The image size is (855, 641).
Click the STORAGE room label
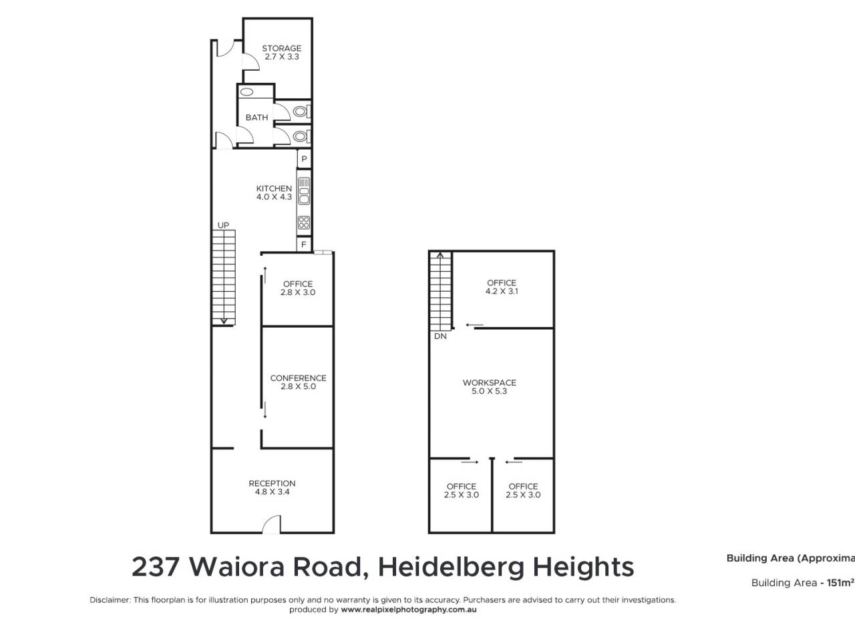[x=281, y=48]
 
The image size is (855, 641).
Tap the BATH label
[x=256, y=118]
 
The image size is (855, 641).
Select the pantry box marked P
[x=304, y=159]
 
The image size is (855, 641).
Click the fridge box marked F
[x=304, y=244]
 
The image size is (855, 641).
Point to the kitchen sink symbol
[x=304, y=191]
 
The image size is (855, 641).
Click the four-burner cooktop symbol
[x=304, y=222]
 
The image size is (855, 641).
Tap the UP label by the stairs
[x=223, y=225]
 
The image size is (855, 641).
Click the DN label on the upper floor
[x=440, y=337]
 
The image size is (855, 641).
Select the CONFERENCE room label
[x=298, y=378]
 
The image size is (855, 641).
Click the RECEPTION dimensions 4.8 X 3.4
[x=272, y=492]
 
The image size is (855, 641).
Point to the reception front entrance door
[x=271, y=524]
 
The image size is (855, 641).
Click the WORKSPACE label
[x=489, y=383]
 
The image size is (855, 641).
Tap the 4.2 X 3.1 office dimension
[x=502, y=291]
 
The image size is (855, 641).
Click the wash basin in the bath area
[x=246, y=92]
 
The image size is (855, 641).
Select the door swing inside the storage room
[x=250, y=62]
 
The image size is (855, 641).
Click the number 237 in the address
[x=156, y=567]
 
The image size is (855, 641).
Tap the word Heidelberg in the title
[x=451, y=567]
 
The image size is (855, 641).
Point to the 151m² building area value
[x=838, y=583]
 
